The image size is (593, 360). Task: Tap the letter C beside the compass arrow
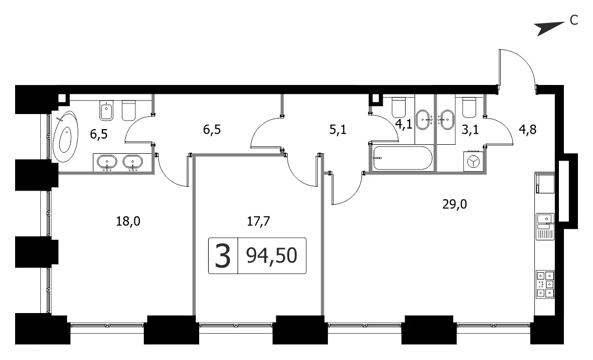point(574,20)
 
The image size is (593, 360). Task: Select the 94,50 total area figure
point(271,255)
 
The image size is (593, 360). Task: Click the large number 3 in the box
point(223,255)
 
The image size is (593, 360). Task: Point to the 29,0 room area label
point(455,205)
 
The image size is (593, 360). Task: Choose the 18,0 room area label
point(128,221)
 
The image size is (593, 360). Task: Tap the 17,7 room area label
point(258,221)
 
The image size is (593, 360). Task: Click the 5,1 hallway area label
point(338,130)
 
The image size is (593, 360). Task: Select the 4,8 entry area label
point(528,130)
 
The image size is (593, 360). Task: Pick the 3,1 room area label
point(470,130)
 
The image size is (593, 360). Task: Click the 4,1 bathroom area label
point(403,124)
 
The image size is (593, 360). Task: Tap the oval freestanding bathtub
point(65,136)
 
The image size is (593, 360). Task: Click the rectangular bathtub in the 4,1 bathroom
point(402,158)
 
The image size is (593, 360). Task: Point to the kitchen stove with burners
point(545,283)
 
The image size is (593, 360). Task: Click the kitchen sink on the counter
point(545,226)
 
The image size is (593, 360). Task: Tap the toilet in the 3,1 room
point(469,107)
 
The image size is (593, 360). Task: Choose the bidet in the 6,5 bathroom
point(106,110)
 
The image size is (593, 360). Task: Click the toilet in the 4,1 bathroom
point(399,107)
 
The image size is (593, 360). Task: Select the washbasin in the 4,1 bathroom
point(424,120)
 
